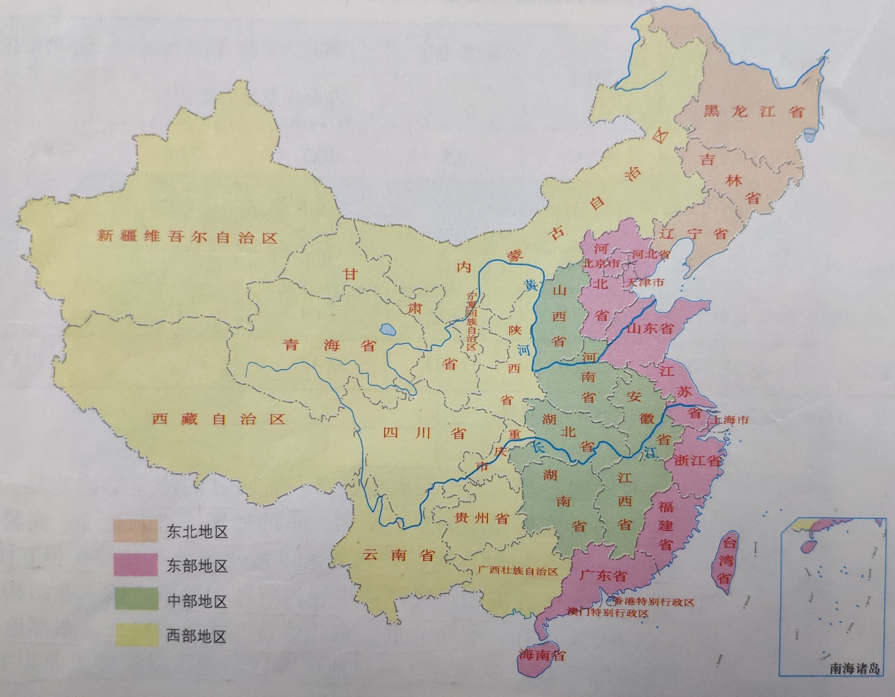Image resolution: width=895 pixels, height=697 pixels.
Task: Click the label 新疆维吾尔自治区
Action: [x=187, y=237]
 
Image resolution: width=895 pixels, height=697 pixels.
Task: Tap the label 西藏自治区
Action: [x=219, y=419]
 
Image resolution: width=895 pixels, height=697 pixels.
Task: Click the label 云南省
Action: [x=399, y=555]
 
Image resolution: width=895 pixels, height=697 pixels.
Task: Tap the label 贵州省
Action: [x=482, y=518]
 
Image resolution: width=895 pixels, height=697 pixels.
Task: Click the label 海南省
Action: [x=542, y=655]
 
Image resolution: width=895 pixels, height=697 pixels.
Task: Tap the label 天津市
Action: [x=646, y=282]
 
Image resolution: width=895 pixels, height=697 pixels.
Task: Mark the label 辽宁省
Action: [x=693, y=233]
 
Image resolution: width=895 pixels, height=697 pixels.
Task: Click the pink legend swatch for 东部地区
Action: [x=136, y=566]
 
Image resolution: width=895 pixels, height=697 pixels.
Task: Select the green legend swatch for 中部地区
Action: [x=136, y=600]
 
